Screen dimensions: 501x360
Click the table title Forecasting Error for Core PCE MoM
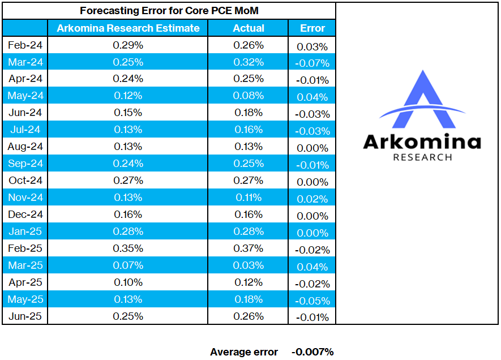click(169, 11)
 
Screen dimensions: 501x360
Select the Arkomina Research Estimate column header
click(128, 28)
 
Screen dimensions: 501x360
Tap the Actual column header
click(249, 28)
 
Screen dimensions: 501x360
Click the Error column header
click(312, 28)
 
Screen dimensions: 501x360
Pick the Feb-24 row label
click(25, 45)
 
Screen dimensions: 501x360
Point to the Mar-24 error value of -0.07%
click(312, 63)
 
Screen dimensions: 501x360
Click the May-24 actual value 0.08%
click(249, 96)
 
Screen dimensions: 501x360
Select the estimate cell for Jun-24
click(128, 113)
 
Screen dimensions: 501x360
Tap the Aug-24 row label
click(25, 146)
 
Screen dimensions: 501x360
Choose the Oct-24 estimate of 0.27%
click(128, 180)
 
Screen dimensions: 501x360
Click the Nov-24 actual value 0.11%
click(249, 198)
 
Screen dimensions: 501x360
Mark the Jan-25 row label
click(25, 232)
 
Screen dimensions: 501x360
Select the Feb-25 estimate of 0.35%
click(128, 248)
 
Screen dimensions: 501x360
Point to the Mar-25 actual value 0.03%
click(249, 265)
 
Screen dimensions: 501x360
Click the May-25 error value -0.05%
click(312, 301)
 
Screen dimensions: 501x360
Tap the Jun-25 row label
click(25, 316)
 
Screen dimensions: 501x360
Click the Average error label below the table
click(244, 352)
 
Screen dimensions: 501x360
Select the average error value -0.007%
click(312, 352)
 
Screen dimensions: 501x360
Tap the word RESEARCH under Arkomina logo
click(422, 157)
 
